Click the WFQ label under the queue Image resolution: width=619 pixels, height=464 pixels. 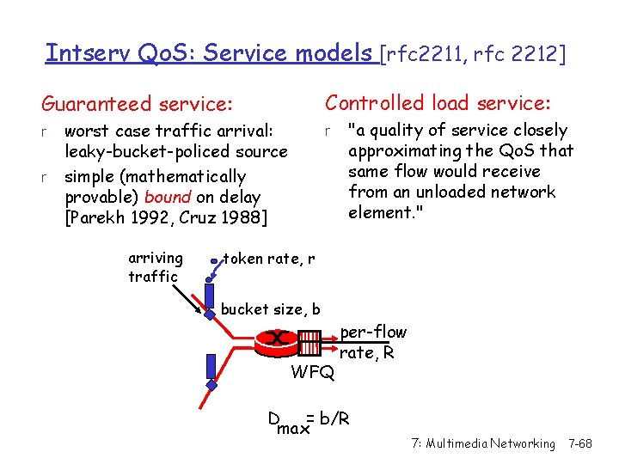(x=313, y=373)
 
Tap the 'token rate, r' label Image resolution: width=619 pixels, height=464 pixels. (x=269, y=258)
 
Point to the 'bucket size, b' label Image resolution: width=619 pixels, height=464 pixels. (x=271, y=309)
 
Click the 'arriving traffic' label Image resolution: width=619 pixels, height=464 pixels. (x=155, y=266)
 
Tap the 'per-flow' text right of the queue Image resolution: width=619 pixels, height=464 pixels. (x=373, y=332)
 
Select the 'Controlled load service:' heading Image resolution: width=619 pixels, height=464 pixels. (x=437, y=103)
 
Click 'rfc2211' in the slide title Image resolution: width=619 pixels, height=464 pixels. (x=423, y=54)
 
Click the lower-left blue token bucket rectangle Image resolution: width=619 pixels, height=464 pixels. (x=210, y=367)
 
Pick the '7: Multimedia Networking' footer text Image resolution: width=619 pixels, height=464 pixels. (x=483, y=443)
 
